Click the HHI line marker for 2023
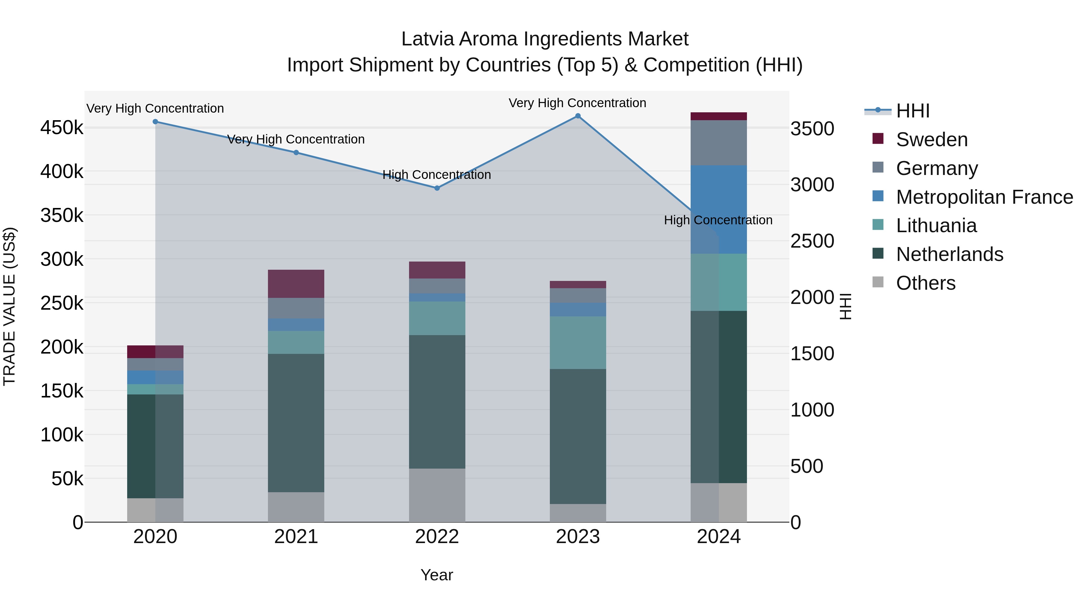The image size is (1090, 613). pos(578,116)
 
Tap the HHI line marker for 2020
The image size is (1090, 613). pos(155,122)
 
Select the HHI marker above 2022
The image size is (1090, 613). pos(437,188)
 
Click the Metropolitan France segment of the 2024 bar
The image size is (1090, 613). pos(718,209)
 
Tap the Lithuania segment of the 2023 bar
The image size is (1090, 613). pos(578,343)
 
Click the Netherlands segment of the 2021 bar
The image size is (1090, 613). pos(296,423)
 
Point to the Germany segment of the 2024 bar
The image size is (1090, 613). pos(718,143)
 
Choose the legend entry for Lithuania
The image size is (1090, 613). pos(936,226)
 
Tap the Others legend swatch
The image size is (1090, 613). pos(878,282)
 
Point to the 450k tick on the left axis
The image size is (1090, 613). pos(62,128)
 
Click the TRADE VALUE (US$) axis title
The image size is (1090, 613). pos(10,306)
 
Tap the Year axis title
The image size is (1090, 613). pos(437,575)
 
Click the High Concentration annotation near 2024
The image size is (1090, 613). pos(718,220)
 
